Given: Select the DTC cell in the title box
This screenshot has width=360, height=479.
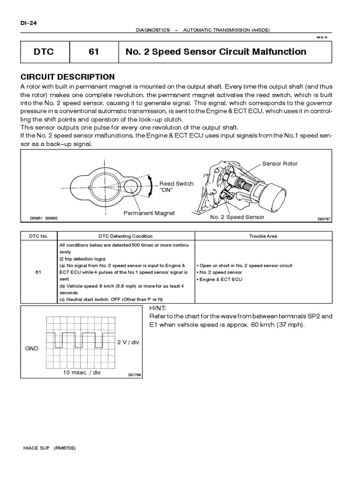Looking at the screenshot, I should pos(45,52).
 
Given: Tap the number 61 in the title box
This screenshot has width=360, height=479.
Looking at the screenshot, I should pos(94,52).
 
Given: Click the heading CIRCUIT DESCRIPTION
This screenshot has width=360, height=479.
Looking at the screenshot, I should pos(67,77).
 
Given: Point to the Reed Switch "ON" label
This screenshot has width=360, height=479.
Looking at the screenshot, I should pos(176,187).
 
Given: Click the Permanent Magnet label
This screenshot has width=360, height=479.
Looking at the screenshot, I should pos(149,213).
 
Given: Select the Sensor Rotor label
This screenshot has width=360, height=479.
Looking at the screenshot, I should pos(280,164).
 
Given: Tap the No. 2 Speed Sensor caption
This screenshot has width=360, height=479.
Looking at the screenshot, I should pos(237,217).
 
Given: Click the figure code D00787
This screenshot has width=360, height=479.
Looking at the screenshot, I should pos(324,218).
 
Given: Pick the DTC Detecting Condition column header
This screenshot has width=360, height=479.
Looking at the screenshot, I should pos(125,236).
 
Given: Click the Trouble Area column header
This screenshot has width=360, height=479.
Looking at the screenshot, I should pos(263,236).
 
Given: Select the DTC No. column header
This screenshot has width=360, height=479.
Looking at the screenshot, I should pos(38,236).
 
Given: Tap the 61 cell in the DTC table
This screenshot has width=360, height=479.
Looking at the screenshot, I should pos(38,272).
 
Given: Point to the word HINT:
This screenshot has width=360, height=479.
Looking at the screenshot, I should pos(158,309).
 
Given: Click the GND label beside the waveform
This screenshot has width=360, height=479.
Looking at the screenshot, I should pos(32,348).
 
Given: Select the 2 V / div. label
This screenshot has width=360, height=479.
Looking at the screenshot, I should pos(128,342).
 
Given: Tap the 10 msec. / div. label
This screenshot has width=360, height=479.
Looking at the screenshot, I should pos(82,373).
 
